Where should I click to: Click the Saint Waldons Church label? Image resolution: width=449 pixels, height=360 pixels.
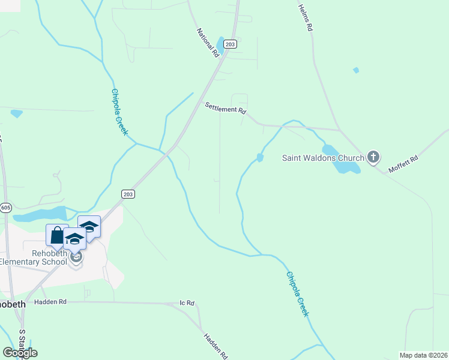[323, 158]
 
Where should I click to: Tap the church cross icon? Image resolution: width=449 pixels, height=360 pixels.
[373, 158]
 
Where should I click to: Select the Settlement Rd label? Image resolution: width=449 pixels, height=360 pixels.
[226, 108]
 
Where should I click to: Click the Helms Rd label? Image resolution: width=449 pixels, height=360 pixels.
[306, 17]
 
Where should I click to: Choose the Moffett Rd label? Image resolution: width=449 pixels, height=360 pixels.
[402, 163]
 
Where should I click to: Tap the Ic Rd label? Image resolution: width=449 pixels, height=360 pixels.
[187, 303]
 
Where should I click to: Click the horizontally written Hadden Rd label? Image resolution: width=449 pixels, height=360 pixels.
[50, 302]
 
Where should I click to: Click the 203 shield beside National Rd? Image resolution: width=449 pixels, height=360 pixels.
[230, 44]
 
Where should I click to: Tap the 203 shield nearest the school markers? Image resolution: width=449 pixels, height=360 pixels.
[128, 194]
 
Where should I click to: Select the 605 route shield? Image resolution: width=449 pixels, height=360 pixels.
[6, 208]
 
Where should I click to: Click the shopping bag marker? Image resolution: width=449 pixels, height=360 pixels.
[57, 236]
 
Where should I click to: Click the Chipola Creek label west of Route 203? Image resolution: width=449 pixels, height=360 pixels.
[119, 112]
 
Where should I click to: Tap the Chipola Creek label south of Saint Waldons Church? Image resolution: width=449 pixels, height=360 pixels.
[297, 294]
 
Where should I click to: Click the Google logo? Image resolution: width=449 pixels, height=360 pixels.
[20, 352]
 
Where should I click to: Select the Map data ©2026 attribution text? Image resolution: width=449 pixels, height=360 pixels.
[424, 355]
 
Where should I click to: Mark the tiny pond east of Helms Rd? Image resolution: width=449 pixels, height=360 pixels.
[356, 70]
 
